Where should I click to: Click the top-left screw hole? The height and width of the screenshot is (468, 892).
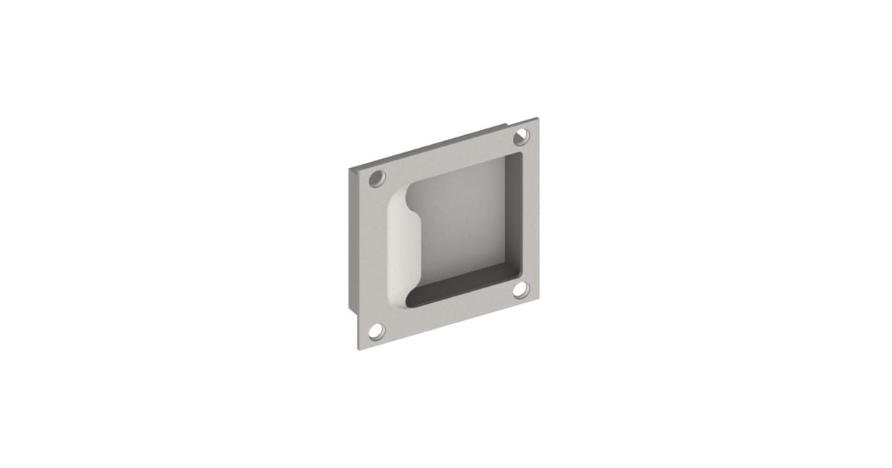coord(378,178)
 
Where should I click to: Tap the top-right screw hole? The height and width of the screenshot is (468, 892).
coord(522,135)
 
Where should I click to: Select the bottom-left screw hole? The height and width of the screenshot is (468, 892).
coord(378,330)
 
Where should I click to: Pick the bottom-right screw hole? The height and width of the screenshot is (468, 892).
coord(522,289)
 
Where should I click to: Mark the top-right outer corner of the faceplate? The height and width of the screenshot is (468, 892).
coord(537,118)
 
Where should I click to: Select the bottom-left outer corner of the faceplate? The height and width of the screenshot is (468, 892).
coord(362,350)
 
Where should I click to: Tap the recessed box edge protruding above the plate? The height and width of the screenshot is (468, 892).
coord(431,144)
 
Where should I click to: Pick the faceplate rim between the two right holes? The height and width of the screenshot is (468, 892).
coord(529,212)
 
